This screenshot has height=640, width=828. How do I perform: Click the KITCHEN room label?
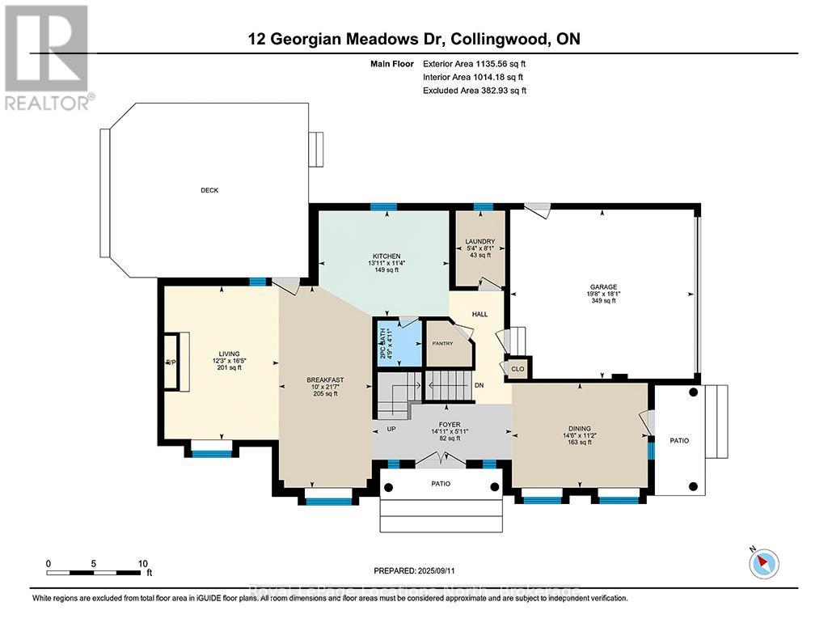386,256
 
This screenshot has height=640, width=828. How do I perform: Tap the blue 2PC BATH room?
394,343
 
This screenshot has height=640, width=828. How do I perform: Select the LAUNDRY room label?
479,241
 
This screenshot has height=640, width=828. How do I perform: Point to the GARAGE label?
602,286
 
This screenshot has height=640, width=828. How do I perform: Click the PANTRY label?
442,343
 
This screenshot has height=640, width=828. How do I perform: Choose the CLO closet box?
517,369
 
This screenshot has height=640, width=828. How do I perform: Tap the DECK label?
210,190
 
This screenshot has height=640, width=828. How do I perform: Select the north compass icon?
763,562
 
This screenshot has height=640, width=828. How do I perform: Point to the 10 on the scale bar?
143,563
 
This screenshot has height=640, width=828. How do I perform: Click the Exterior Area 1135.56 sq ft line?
475,63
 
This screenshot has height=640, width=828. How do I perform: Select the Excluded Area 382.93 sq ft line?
475,91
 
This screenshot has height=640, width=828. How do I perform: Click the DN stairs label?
479,385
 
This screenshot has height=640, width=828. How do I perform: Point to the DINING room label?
579,429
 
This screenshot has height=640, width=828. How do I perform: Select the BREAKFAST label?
320,379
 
